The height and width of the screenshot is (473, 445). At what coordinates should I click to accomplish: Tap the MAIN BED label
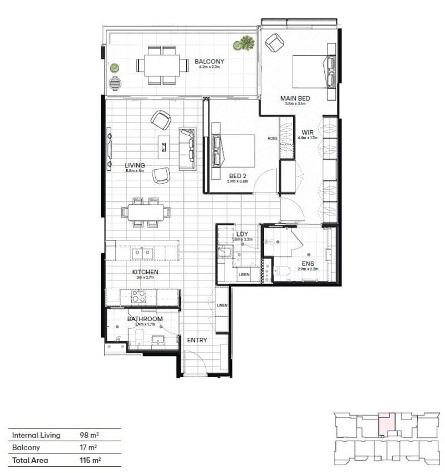coord(295,98)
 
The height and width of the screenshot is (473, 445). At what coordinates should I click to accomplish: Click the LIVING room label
coord(135,165)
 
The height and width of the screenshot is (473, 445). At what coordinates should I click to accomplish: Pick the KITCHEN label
coord(145,272)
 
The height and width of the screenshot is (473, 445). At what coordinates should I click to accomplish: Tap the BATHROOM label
coord(145,319)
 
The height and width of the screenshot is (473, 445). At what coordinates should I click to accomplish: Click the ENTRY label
coord(197,340)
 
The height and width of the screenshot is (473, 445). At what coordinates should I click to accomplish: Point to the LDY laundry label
coord(242,234)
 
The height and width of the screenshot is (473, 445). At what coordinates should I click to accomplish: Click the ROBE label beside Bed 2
coord(272,138)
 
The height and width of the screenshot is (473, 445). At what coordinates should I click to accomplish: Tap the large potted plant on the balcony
coord(243,43)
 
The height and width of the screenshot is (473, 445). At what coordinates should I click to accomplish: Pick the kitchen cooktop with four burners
coord(138,295)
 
